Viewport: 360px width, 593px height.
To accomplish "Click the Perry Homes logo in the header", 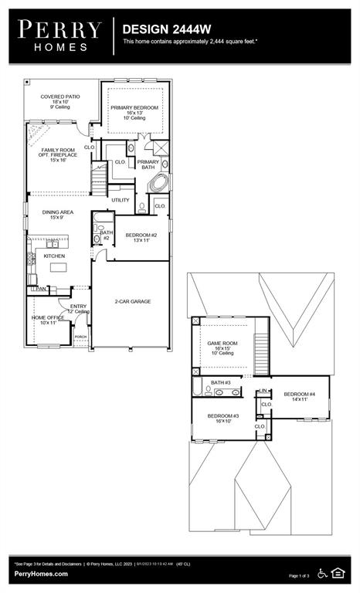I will click(x=59, y=36).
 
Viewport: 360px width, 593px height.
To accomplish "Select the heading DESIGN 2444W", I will click(x=161, y=29).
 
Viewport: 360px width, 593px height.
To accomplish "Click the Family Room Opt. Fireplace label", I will click(x=55, y=155).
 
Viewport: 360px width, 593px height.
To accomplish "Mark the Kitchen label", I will click(x=54, y=256).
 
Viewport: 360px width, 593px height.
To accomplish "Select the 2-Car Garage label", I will click(x=132, y=301).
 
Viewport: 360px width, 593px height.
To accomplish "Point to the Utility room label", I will click(x=121, y=200).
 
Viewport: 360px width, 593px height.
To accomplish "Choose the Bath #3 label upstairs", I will click(x=221, y=382).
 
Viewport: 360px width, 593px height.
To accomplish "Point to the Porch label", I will click(x=80, y=337).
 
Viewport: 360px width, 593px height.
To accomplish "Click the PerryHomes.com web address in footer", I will click(x=42, y=574).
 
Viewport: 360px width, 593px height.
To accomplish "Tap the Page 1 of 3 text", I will click(x=299, y=576).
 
